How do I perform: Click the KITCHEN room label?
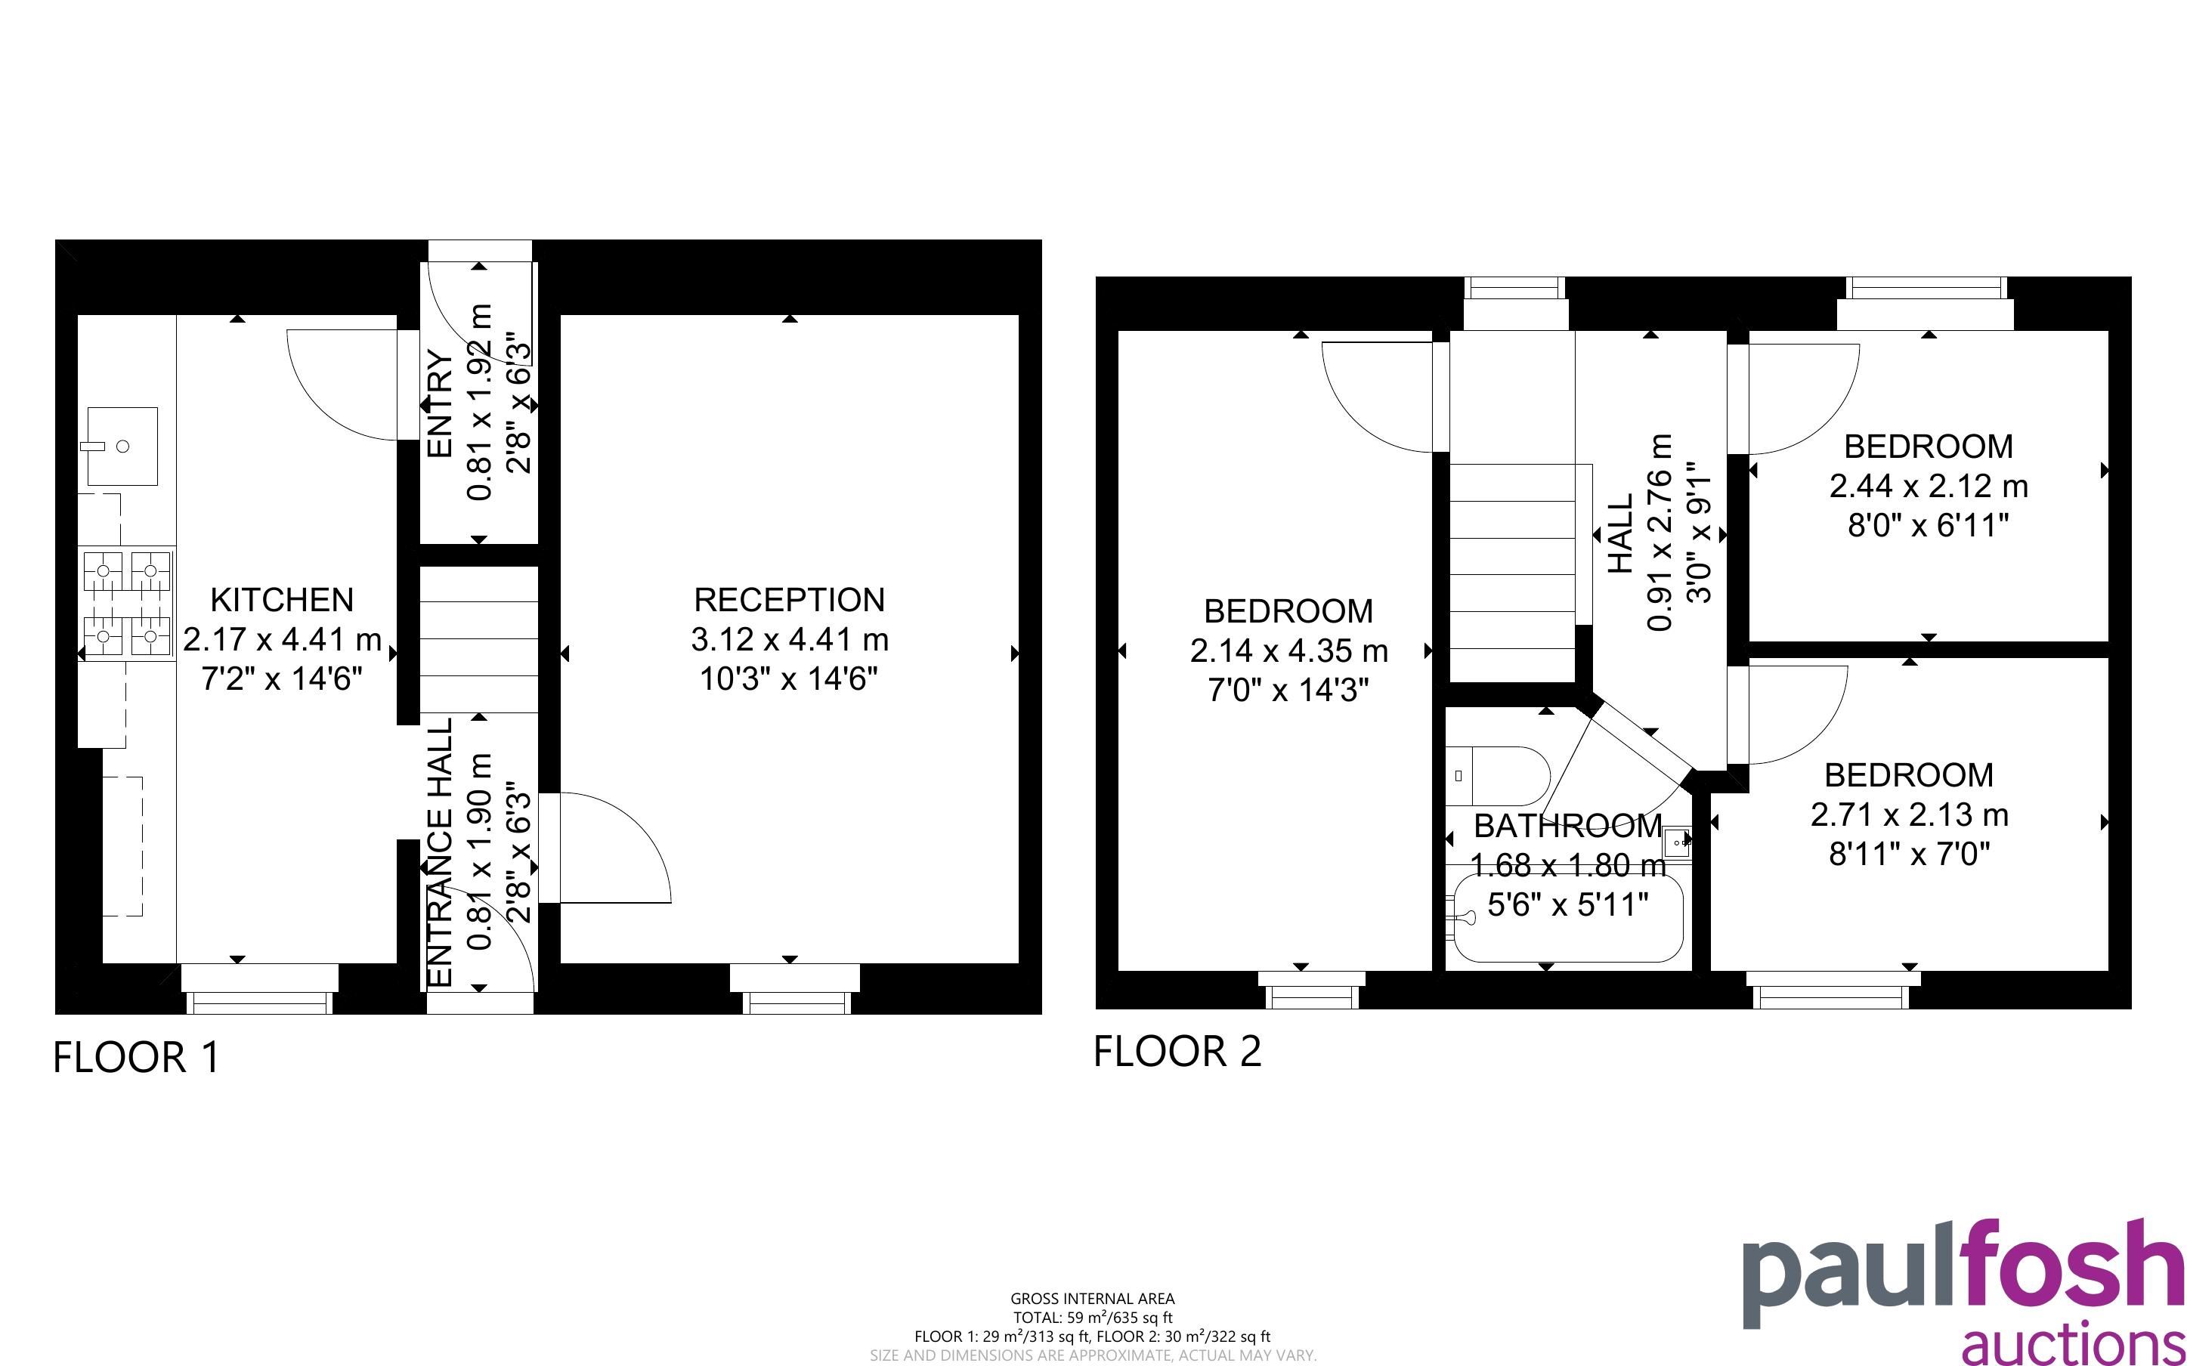282,600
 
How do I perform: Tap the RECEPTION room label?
790,600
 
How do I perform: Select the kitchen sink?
122,447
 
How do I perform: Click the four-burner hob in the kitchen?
126,604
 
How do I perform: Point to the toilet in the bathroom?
1497,775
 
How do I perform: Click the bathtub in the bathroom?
1567,919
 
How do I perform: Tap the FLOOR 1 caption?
137,1057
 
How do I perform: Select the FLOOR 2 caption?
1177,1052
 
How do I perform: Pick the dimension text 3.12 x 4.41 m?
790,640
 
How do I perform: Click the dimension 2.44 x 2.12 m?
1929,486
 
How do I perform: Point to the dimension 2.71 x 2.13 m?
1909,815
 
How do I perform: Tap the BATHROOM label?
1567,826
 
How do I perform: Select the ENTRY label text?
440,404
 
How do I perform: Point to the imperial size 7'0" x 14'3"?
1288,691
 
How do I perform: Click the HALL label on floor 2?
1621,533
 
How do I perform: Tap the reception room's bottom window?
794,989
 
